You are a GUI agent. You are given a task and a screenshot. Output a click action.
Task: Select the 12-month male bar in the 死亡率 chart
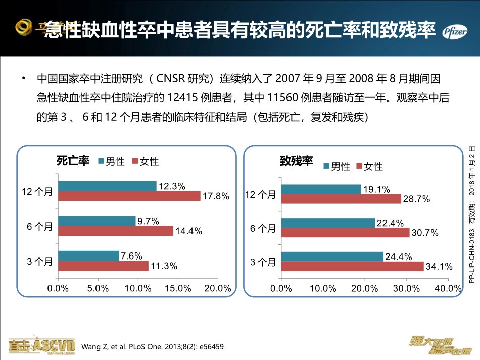click(107, 186)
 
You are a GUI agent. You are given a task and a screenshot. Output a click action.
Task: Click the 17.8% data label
click(216, 196)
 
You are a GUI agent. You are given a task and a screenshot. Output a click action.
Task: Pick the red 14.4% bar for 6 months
click(116, 231)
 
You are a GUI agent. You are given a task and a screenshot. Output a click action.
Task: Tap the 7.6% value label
click(131, 256)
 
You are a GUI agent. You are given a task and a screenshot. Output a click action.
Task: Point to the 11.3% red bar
click(103, 265)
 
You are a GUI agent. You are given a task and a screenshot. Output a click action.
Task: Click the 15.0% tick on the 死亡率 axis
click(178, 288)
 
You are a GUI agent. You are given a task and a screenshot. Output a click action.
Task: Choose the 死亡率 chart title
click(73, 161)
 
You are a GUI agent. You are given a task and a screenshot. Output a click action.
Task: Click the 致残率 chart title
click(297, 161)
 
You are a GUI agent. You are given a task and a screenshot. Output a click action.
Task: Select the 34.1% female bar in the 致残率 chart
click(352, 266)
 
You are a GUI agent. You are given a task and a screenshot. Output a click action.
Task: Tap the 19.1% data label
click(377, 189)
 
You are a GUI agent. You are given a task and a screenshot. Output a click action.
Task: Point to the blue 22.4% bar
click(328, 223)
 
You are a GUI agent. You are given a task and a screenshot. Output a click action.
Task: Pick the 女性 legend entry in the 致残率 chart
click(369, 166)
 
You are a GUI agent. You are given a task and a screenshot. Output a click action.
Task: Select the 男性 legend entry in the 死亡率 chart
click(111, 161)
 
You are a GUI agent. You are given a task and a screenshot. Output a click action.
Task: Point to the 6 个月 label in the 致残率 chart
click(263, 228)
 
